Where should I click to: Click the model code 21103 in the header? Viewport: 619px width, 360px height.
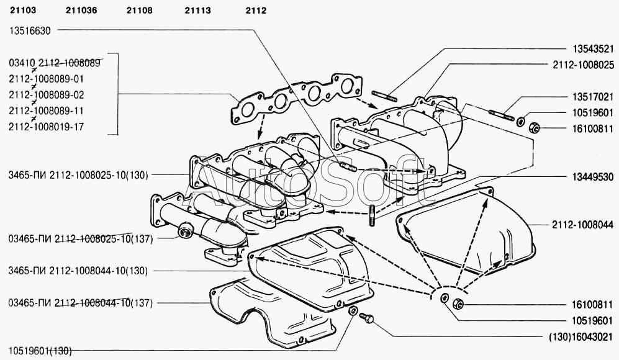pos(22,9)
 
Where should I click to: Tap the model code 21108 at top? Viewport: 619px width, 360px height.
pos(139,9)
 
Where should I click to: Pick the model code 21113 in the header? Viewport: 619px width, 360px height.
pos(198,9)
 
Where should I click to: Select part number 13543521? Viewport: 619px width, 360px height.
pos(592,48)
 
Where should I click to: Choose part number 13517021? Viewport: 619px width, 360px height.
pos(592,97)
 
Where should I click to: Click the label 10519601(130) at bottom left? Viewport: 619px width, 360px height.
pos(40,351)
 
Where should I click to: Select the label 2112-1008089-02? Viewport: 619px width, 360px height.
pos(47,95)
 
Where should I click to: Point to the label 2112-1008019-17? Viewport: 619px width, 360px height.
pos(47,127)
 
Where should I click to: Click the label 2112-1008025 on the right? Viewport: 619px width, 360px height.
pos(584,65)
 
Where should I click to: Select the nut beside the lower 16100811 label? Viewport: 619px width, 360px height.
pos(457,304)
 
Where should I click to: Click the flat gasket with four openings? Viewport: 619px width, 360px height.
pos(292,99)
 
